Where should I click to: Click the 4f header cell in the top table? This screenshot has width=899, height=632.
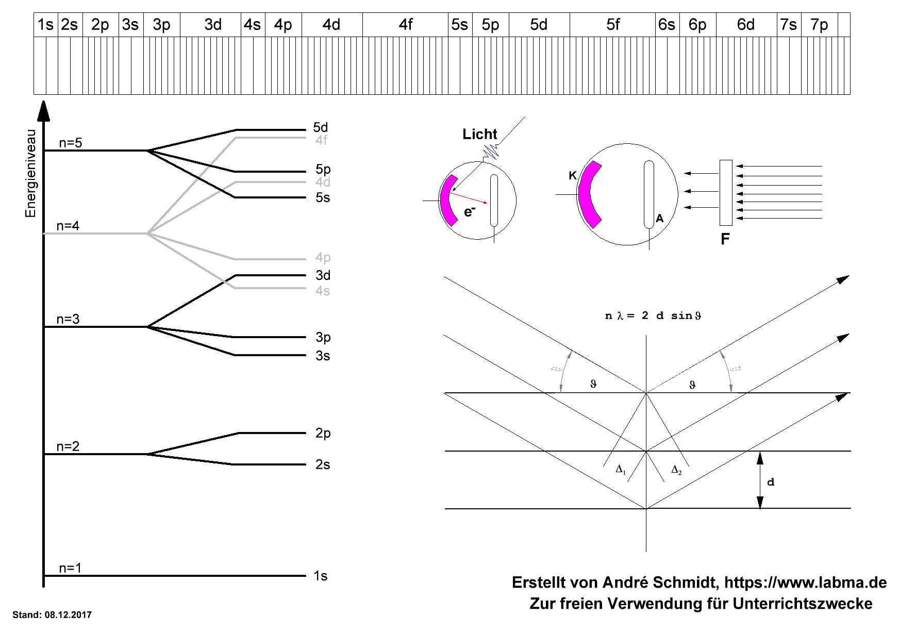(x=406, y=25)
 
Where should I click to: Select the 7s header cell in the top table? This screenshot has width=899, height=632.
(x=789, y=25)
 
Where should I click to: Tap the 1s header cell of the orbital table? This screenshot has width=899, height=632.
(x=46, y=25)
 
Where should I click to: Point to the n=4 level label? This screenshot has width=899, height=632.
(x=68, y=226)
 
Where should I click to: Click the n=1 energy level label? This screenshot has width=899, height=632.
(x=70, y=568)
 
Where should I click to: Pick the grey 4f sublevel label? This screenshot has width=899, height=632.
(x=322, y=140)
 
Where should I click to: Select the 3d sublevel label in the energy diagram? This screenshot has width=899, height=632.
(x=323, y=275)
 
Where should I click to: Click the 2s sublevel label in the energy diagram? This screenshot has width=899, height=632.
(x=323, y=465)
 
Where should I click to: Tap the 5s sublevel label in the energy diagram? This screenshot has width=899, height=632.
(x=323, y=198)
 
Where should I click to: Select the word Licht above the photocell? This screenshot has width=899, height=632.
(x=480, y=135)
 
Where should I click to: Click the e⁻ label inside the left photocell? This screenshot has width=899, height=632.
(x=469, y=211)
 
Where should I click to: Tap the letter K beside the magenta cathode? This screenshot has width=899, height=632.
(x=573, y=176)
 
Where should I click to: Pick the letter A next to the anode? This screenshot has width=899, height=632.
(x=659, y=219)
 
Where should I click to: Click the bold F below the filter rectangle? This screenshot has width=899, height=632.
(x=725, y=240)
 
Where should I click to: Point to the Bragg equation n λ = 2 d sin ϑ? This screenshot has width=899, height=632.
(x=653, y=316)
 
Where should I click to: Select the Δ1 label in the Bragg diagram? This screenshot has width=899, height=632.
(x=621, y=470)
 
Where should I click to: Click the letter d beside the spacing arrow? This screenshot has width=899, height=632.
(x=771, y=482)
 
